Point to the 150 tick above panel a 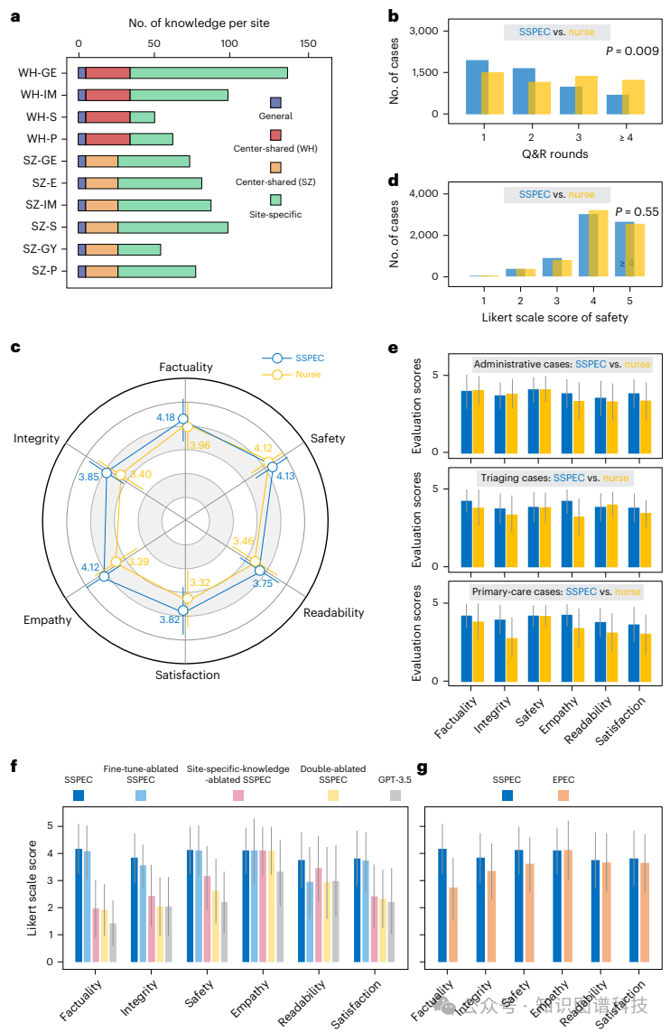(309, 42)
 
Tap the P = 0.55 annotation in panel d (637, 212)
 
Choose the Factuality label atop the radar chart (186, 367)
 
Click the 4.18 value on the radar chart (165, 417)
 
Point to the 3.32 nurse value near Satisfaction (200, 582)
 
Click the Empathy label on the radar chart (47, 620)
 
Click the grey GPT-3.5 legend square (395, 796)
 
